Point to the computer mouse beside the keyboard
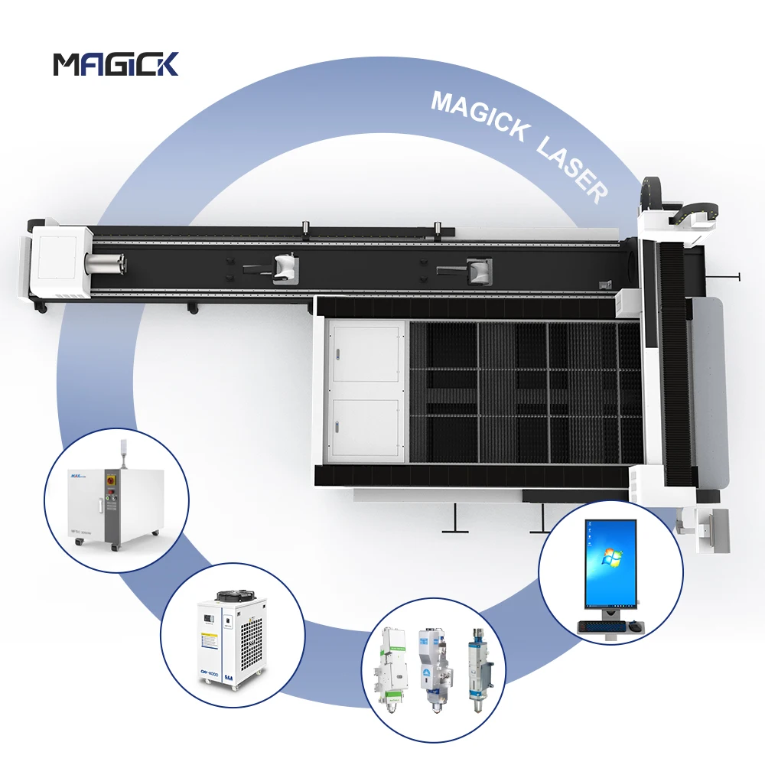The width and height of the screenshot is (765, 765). tap(634, 627)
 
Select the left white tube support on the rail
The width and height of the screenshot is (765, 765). tap(284, 267)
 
